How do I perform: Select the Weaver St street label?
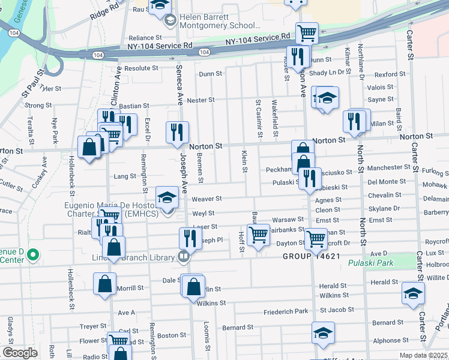[x=206, y=199]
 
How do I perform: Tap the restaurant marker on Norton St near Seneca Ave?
[x=177, y=133]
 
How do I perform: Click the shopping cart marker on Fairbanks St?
[x=258, y=234]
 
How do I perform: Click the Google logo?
[x=19, y=352]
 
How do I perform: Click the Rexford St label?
[x=390, y=74]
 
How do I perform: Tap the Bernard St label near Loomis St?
[x=238, y=328]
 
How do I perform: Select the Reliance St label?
[x=145, y=38]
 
